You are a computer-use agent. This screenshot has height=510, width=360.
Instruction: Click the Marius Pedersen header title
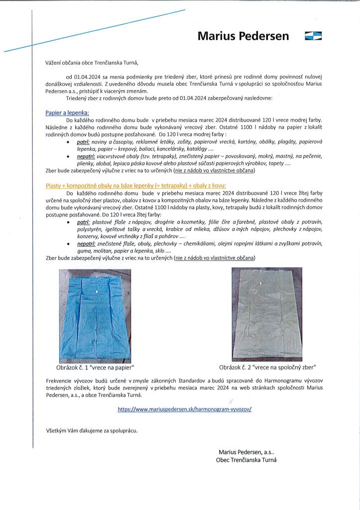pyautogui.click(x=243, y=36)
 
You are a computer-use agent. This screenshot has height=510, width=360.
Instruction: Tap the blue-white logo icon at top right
pyautogui.click(x=313, y=35)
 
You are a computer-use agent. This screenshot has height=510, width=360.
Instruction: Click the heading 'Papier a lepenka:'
pyautogui.click(x=67, y=114)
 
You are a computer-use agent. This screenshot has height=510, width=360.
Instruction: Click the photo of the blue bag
pyautogui.click(x=95, y=315)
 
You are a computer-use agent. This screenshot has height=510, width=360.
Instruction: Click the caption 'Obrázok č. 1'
pyautogui.click(x=95, y=368)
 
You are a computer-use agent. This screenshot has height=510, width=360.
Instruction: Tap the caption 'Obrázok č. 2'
pyautogui.click(x=268, y=368)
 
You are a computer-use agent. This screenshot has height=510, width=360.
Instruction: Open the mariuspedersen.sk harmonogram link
pyautogui.click(x=185, y=409)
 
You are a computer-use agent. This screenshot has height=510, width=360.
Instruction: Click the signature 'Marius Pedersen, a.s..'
pyautogui.click(x=246, y=452)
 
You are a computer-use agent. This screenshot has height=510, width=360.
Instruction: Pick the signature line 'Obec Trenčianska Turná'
pyautogui.click(x=246, y=460)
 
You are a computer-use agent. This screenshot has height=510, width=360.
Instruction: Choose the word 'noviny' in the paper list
pyautogui.click(x=102, y=142)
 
